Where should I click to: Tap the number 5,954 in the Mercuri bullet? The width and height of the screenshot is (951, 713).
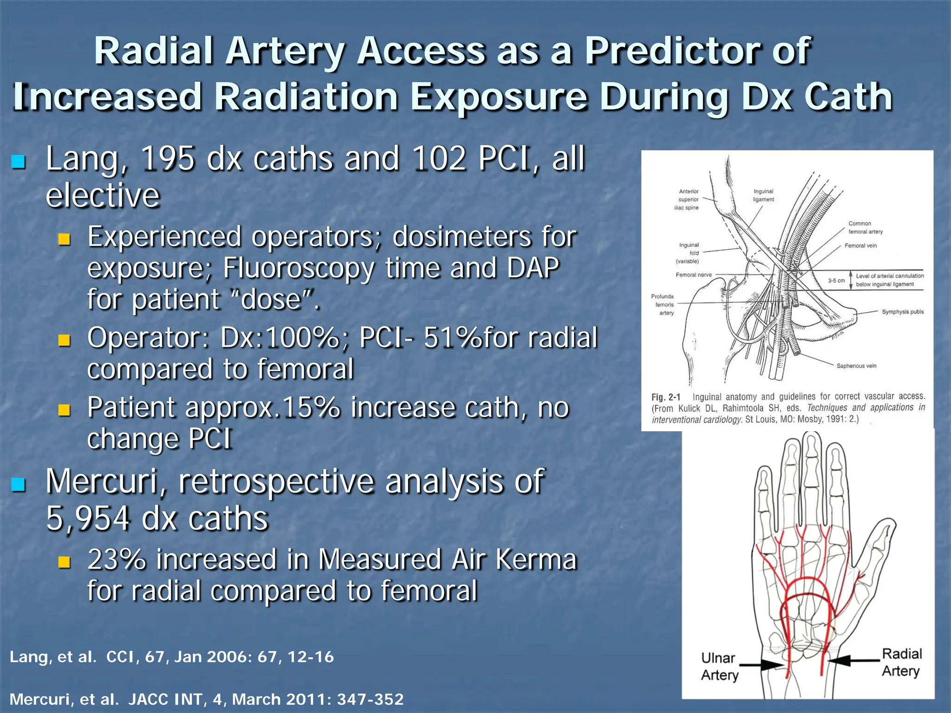(x=88, y=519)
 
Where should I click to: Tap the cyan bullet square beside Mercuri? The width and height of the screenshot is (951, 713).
(x=19, y=485)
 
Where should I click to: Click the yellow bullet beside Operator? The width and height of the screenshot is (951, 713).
(x=64, y=341)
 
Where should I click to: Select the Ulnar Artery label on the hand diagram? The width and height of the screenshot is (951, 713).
(x=719, y=667)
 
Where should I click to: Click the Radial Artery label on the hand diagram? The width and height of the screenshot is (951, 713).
(x=901, y=662)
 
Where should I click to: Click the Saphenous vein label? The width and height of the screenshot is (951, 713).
(x=856, y=366)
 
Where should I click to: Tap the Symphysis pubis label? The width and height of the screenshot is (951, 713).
(x=902, y=312)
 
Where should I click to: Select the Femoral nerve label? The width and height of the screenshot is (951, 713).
(x=693, y=275)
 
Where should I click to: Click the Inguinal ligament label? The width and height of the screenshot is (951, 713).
(x=763, y=195)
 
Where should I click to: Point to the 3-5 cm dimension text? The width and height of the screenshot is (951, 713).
(x=836, y=280)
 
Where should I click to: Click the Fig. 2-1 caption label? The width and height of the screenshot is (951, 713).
(x=665, y=397)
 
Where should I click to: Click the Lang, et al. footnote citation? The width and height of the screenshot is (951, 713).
(x=53, y=657)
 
